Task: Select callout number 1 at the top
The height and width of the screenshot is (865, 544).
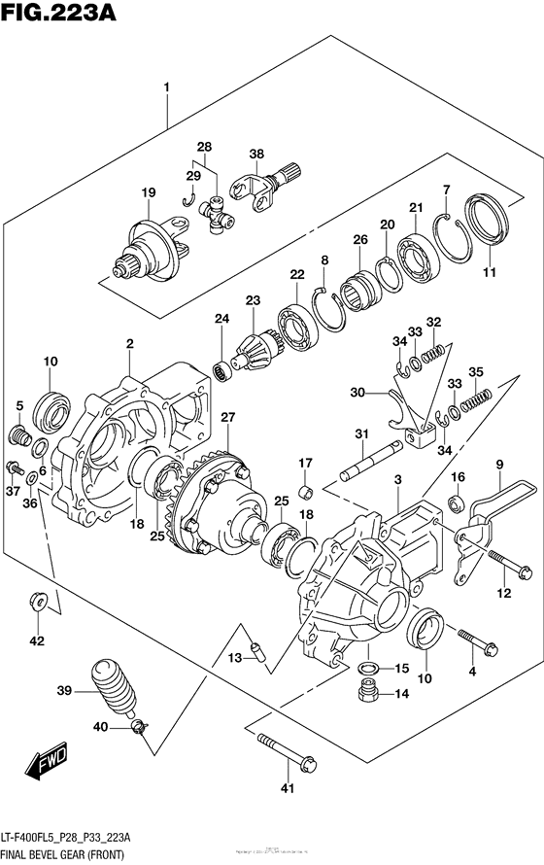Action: point(167,87)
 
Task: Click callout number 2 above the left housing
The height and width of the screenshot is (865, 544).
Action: point(129,343)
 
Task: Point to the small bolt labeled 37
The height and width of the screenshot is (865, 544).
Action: point(13,467)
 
